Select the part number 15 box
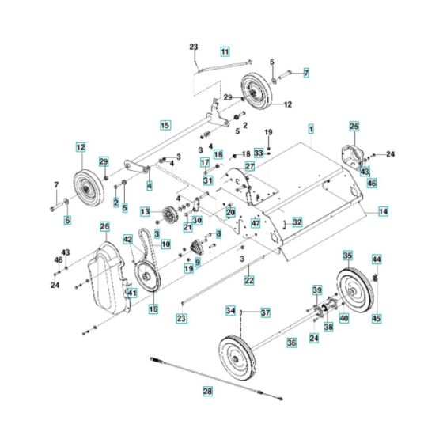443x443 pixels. (x=165, y=125)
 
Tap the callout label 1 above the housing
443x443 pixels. (x=311, y=128)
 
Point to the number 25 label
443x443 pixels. (x=354, y=126)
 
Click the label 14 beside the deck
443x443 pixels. (x=383, y=212)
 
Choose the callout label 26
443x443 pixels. (x=104, y=227)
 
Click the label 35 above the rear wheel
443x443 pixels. (x=347, y=256)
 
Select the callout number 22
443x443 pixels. (x=248, y=280)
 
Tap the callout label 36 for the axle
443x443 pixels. (x=291, y=343)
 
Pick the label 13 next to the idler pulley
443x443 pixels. (x=145, y=212)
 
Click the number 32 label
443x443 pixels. (x=297, y=222)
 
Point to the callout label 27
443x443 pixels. (x=249, y=166)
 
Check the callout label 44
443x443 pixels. (x=377, y=259)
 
